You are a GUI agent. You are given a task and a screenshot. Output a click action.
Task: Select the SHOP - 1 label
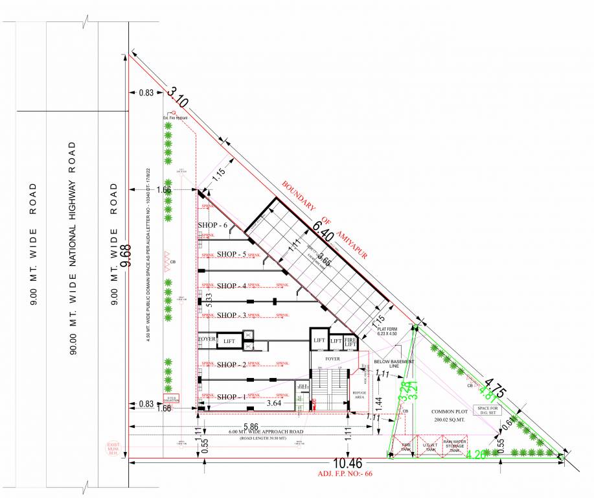[231, 397]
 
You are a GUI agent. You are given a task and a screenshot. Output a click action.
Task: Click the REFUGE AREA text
[360, 394]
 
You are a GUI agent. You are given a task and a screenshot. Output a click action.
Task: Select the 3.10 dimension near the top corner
[177, 98]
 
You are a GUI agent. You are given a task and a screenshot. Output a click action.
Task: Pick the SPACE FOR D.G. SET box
[489, 410]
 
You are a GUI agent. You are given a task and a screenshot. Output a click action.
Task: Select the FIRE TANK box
[406, 447]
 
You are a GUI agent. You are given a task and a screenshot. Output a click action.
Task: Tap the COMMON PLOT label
[448, 416]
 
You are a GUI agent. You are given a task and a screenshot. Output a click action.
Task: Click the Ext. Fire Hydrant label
[175, 118]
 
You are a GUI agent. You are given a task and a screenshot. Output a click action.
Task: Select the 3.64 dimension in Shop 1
[256, 403]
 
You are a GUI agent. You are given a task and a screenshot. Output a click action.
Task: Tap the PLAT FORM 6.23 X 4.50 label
[391, 331]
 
